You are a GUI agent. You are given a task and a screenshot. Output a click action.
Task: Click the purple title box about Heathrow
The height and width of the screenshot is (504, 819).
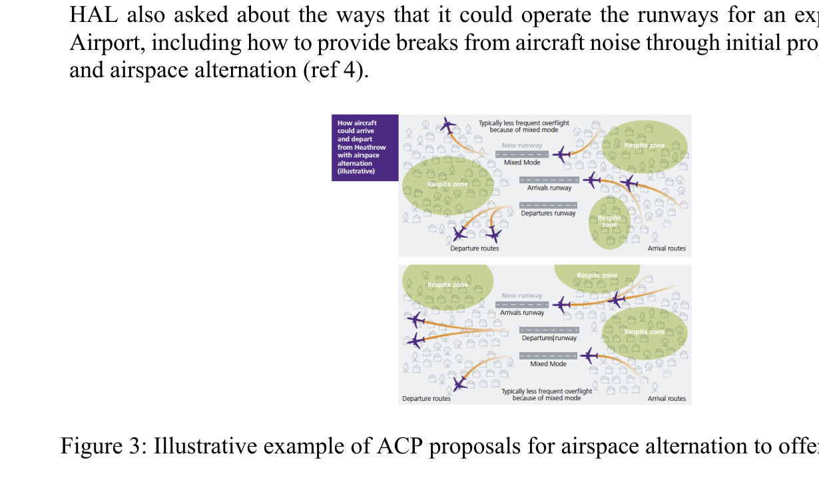pos(364,147)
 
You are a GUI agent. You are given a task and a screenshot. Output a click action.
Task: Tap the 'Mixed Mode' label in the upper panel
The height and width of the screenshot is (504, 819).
pos(522,162)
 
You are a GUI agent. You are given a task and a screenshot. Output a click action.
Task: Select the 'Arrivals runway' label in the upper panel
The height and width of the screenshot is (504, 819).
pos(549,188)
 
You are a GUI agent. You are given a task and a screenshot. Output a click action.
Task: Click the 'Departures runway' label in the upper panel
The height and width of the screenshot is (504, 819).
pos(548,214)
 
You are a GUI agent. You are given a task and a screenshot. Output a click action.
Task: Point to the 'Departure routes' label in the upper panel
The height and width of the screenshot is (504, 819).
pos(474,248)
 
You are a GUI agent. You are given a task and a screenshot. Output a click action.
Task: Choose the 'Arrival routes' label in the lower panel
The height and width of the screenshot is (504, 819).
pos(667,398)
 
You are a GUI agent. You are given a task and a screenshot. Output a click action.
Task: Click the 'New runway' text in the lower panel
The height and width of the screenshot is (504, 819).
pos(522,296)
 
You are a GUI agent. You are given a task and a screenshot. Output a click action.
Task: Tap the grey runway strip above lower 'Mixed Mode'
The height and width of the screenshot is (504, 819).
pos(548,356)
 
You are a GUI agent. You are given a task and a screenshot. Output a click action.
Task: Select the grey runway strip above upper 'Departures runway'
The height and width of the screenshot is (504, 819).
pos(548,205)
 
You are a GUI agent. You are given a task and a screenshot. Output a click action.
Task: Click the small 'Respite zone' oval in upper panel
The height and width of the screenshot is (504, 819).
pos(609,222)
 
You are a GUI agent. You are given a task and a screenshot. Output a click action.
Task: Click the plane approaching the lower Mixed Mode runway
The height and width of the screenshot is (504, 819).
pos(589,356)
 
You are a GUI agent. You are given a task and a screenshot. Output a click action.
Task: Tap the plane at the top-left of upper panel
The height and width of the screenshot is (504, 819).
pos(448,125)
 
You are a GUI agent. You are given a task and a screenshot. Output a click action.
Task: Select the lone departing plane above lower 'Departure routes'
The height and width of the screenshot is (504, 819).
pos(459,383)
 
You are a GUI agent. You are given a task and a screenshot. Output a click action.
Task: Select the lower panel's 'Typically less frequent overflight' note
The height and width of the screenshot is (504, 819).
pos(547,394)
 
